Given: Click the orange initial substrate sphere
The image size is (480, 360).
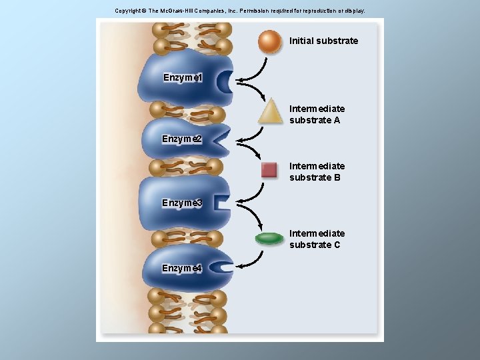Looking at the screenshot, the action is coord(270,41).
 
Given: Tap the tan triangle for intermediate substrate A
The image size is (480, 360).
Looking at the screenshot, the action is coord(271,112).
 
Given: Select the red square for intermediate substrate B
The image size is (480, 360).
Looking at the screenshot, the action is coord(269,170).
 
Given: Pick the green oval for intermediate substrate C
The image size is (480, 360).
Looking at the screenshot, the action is coord(269,239).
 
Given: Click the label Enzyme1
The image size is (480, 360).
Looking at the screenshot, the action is coord(183,77).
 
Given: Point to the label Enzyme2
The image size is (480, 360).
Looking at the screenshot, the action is coord(182,139).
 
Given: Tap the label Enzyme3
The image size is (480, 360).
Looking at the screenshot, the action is coord(182,203).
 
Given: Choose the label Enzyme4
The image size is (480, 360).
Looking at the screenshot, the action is coord(182,268).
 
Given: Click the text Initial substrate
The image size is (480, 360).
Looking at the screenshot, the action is coord(323,41).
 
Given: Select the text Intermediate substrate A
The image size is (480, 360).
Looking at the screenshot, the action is coord(317,115).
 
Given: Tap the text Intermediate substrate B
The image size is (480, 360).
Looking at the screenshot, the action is coord(317,172).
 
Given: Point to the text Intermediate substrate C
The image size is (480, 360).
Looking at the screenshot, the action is coord(317,239).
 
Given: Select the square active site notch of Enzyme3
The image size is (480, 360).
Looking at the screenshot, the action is coord(221,203).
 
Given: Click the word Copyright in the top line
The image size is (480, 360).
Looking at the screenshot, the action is coord(127,11).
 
